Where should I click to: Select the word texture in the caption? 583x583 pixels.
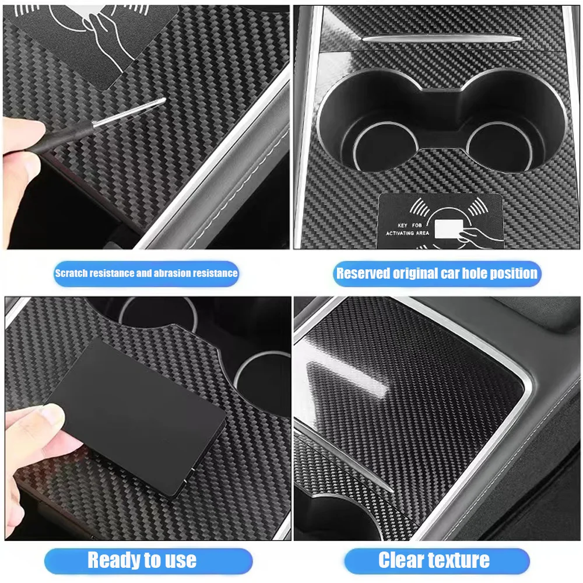[459, 561]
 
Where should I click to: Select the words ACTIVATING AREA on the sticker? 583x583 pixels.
[408, 233]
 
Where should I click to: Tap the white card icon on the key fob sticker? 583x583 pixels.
[449, 229]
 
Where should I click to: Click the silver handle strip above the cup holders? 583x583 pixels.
[442, 38]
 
